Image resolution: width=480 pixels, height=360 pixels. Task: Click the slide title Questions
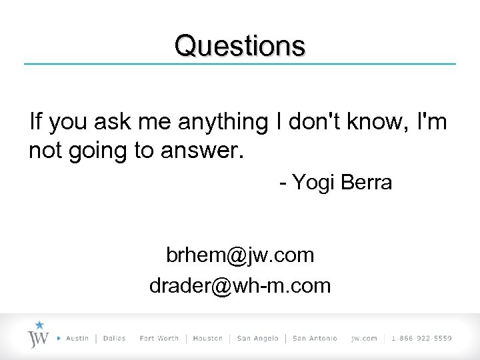(240, 46)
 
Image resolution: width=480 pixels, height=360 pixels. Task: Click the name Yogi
(315, 183)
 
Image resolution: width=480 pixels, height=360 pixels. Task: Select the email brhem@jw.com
(240, 255)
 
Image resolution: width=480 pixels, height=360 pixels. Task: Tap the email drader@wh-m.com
(240, 285)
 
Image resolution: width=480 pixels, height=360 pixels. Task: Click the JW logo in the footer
(38, 338)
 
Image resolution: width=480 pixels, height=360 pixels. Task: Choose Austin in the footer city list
(77, 339)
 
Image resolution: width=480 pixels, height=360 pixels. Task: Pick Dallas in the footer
(115, 339)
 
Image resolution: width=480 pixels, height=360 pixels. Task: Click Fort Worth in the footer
(159, 339)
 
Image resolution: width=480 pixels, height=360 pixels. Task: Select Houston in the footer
(207, 339)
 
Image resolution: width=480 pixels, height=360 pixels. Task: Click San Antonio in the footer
(315, 339)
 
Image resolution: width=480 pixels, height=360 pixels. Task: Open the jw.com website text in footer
(364, 339)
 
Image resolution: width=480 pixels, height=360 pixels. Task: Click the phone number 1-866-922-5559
(421, 339)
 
